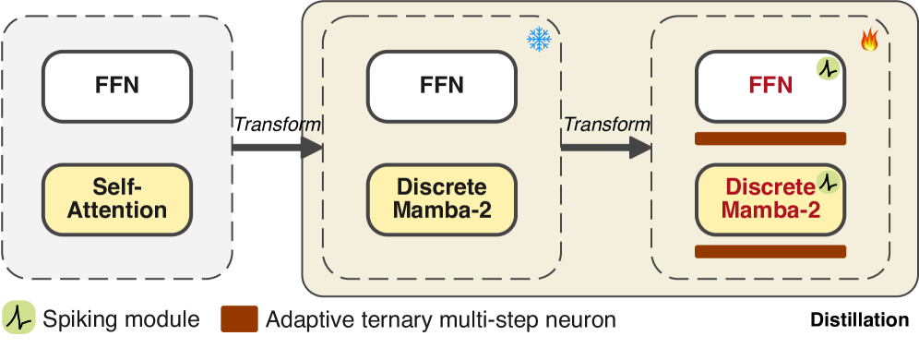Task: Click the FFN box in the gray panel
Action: [117, 86]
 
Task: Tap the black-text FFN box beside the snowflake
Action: [441, 86]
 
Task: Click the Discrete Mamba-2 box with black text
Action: [441, 198]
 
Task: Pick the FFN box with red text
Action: [770, 86]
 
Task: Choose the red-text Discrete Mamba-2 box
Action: [770, 198]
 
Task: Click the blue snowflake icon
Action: [538, 39]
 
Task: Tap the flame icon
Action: [868, 40]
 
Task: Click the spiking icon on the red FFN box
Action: [827, 68]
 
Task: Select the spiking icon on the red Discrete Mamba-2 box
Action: [829, 181]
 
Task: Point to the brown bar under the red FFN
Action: [770, 138]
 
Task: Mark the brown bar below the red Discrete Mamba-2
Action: [770, 251]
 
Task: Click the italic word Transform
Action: [606, 124]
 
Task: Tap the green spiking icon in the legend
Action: [18, 318]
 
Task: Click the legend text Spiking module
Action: [120, 320]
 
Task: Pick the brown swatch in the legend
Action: [239, 319]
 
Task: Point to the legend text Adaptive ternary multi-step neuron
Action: [440, 320]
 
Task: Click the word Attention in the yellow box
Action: [117, 210]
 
